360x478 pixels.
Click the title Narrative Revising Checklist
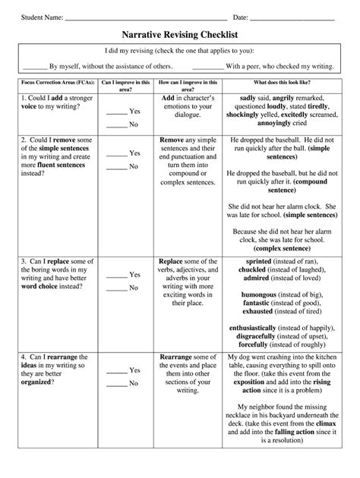coord(180,35)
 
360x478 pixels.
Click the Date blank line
coord(292,17)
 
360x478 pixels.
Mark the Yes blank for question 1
coord(116,112)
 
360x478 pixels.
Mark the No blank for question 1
coord(116,125)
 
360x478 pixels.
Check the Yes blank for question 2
coord(116,154)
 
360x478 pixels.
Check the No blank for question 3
coord(116,289)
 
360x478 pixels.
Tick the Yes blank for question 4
coord(116,371)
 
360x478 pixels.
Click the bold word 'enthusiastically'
coord(262,327)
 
